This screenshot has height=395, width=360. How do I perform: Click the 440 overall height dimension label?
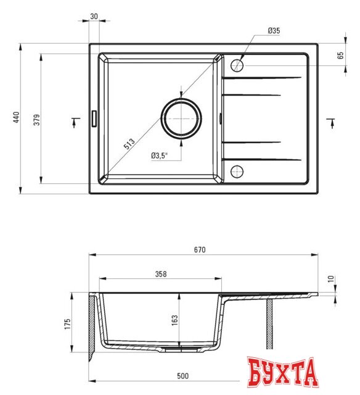(17, 118)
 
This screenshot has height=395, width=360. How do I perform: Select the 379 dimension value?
(36, 120)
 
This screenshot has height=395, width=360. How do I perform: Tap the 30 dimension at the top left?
(94, 16)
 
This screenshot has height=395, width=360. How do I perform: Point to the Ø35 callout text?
(274, 31)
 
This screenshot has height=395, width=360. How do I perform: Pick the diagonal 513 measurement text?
(129, 144)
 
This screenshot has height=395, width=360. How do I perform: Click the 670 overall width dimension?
(199, 250)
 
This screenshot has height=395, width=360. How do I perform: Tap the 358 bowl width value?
(161, 274)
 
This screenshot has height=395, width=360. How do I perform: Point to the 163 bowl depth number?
(174, 320)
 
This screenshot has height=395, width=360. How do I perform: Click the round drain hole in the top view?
(181, 117)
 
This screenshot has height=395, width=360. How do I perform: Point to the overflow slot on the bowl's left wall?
(94, 118)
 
